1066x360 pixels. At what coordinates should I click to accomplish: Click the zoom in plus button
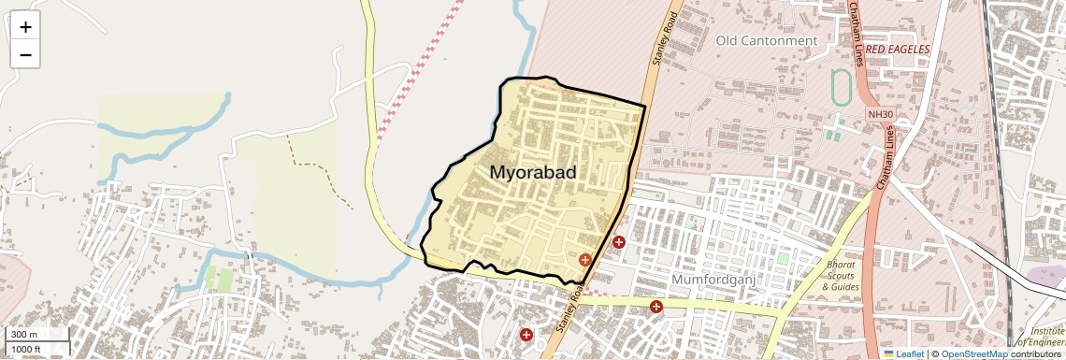click(x=25, y=26)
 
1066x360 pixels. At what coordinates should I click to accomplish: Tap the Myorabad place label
click(x=532, y=173)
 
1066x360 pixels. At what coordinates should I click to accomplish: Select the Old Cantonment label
click(x=766, y=41)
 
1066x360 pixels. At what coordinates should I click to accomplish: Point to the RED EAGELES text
click(x=898, y=49)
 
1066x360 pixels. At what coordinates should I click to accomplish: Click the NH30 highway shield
click(x=875, y=114)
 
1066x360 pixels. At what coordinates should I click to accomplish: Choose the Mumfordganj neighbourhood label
click(x=713, y=280)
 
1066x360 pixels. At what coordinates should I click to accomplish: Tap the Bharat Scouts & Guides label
click(x=841, y=276)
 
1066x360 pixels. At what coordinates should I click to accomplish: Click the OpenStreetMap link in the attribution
click(x=973, y=353)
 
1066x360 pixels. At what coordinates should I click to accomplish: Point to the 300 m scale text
click(x=24, y=335)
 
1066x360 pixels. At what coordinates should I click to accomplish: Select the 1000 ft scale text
click(x=26, y=350)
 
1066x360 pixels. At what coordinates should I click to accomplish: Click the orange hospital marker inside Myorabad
click(x=585, y=260)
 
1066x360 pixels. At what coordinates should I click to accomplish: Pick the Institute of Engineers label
click(x=1047, y=338)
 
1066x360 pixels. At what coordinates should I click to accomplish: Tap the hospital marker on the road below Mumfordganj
click(x=656, y=306)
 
